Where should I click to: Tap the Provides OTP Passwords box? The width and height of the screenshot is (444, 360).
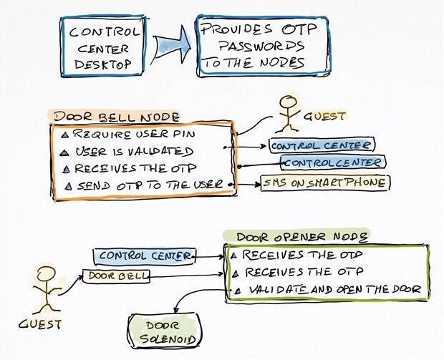[x=262, y=45]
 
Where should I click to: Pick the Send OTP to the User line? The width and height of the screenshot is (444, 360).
[x=144, y=186]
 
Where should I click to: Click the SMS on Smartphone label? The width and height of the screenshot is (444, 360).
[x=324, y=183]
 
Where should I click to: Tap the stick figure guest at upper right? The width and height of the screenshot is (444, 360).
[x=286, y=110]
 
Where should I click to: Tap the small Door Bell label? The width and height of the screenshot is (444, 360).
[x=116, y=275]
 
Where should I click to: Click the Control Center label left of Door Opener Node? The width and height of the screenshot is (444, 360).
[x=143, y=256]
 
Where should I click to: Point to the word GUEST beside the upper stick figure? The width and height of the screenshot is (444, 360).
[x=326, y=115]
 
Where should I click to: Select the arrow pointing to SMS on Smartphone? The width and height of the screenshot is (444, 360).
[x=246, y=185]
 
